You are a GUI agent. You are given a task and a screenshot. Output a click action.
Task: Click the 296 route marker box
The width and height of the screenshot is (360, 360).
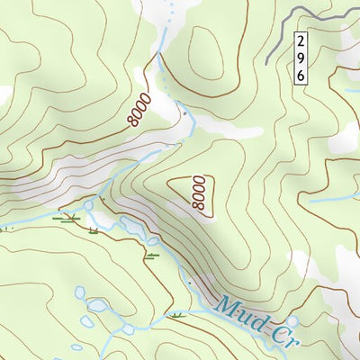(x=300, y=58)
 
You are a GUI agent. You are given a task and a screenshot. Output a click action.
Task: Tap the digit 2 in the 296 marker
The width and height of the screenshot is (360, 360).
(x=300, y=42)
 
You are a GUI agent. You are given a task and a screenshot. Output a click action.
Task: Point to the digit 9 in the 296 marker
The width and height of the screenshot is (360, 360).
(x=300, y=58)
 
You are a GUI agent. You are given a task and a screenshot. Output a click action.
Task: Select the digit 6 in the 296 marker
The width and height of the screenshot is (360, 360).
(x=300, y=75)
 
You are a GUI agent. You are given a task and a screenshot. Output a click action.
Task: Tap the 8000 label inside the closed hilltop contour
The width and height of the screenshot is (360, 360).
(x=199, y=193)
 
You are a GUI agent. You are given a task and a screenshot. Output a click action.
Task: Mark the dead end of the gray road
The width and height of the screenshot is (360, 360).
(x=267, y=61)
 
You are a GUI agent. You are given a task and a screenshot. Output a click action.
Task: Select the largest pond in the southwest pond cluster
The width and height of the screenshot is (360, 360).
(x=97, y=306)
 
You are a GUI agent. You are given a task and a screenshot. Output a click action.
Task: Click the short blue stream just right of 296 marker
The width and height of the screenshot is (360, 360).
(x=351, y=90)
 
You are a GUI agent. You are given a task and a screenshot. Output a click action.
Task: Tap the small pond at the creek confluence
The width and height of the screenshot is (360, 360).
(x=88, y=205)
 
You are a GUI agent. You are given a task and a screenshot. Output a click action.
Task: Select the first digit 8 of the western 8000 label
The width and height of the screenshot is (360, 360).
(x=134, y=121)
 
